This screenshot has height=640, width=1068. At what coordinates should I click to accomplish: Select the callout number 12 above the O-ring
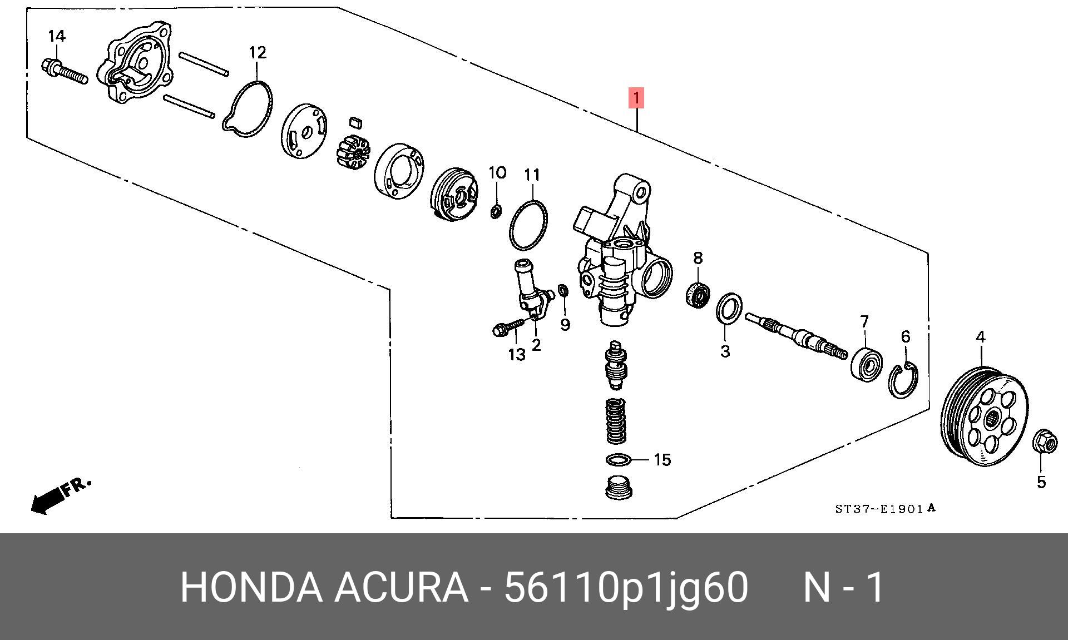click(x=257, y=53)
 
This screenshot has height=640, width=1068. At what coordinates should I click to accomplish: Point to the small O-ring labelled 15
click(x=617, y=460)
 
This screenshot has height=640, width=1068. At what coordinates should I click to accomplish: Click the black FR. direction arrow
click(x=47, y=500)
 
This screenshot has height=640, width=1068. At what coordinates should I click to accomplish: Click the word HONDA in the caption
click(x=251, y=587)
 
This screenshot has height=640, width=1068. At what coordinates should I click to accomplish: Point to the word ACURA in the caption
click(x=400, y=587)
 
